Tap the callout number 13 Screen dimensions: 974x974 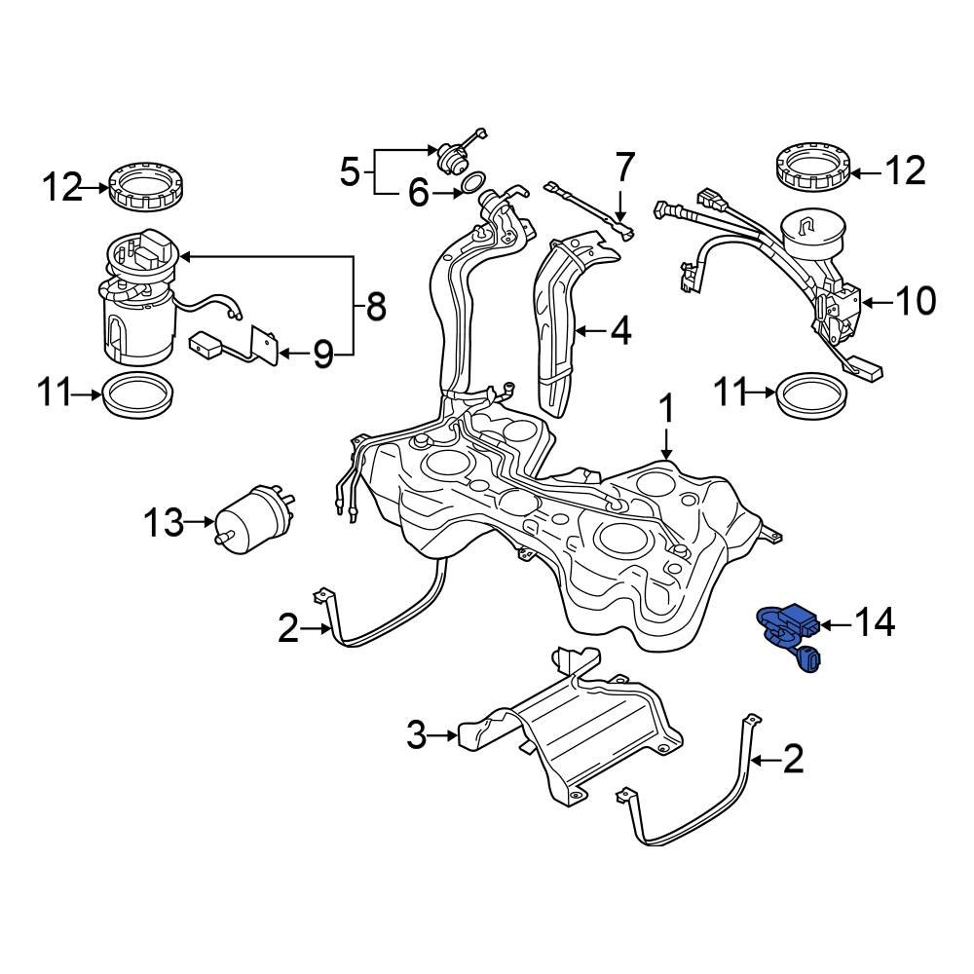click(x=165, y=523)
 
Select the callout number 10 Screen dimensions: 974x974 click(x=912, y=301)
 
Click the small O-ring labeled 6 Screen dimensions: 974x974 click(x=474, y=183)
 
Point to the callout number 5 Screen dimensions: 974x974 click(x=351, y=173)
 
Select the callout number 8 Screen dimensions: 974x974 click(x=374, y=309)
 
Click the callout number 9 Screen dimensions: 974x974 click(x=322, y=354)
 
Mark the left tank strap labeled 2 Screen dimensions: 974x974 click(x=390, y=623)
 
